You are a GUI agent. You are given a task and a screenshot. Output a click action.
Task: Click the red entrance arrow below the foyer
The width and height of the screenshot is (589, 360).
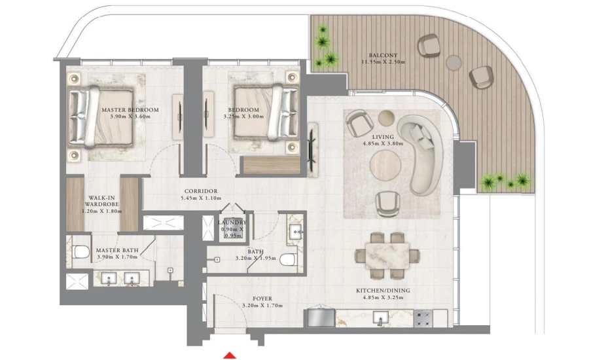pos(230,355)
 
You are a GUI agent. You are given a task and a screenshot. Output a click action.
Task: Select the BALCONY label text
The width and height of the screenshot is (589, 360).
pos(383,55)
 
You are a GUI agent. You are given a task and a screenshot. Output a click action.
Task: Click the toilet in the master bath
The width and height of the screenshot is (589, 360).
pos(80,252)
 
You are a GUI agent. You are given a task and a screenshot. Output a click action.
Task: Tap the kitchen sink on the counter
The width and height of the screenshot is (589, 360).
pos(380,318)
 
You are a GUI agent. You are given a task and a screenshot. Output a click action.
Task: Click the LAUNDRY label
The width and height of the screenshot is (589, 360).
pos(232,223)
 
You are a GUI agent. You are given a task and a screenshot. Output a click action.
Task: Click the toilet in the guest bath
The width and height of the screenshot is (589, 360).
pos(289,260)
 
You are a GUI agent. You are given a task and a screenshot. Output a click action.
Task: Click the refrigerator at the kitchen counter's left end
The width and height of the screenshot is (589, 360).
pos(319,317)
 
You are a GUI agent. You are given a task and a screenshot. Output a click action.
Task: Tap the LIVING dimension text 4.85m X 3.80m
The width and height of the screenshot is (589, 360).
pos(384,145)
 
